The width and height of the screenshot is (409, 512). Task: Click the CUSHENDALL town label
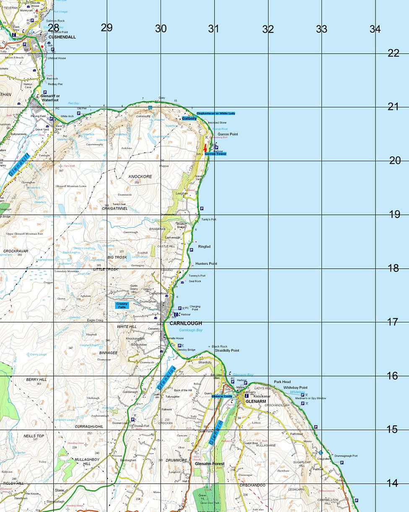pyautogui.click(x=62, y=37)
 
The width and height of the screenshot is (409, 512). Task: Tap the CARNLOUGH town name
pyautogui.click(x=186, y=323)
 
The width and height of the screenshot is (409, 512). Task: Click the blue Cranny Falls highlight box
pyautogui.click(x=125, y=305)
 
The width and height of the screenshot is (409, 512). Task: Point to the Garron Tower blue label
pyautogui.click(x=215, y=154)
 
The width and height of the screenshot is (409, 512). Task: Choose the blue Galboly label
pyautogui.click(x=189, y=119)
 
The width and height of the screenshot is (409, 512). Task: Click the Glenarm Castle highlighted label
pyautogui.click(x=222, y=396)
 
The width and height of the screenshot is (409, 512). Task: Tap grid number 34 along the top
pyautogui.click(x=375, y=29)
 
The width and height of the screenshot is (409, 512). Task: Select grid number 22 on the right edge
pyautogui.click(x=393, y=53)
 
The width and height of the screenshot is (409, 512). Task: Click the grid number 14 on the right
pyautogui.click(x=392, y=483)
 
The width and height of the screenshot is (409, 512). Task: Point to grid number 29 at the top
pyautogui.click(x=107, y=28)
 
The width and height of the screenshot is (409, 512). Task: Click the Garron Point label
pyautogui.click(x=228, y=134)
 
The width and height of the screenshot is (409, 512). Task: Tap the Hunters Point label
pyautogui.click(x=206, y=264)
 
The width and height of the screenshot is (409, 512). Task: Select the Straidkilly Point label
pyautogui.click(x=227, y=350)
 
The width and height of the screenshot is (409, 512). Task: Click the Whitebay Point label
pyautogui.click(x=295, y=387)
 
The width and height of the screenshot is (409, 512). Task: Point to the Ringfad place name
pyautogui.click(x=204, y=246)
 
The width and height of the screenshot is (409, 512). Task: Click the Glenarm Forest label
pyautogui.click(x=209, y=464)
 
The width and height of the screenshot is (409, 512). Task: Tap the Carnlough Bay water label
pyautogui.click(x=191, y=330)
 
